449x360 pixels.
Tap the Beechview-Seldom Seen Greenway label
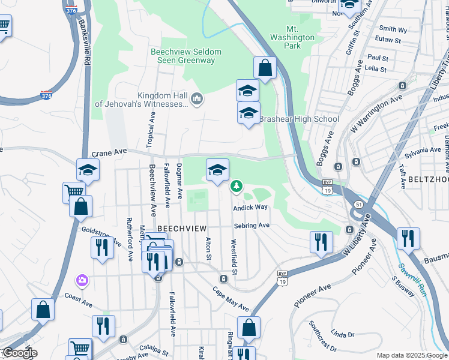coord(186,56)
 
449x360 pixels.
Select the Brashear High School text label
coord(299,119)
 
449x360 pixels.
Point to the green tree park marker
coord(237,186)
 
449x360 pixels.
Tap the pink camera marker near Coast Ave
coord(81,280)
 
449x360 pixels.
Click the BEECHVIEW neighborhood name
coord(182,229)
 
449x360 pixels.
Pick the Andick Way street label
coord(250,207)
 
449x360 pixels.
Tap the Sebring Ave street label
coord(252,226)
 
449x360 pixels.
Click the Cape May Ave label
coord(231,298)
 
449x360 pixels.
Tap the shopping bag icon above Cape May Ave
coord(249,328)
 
